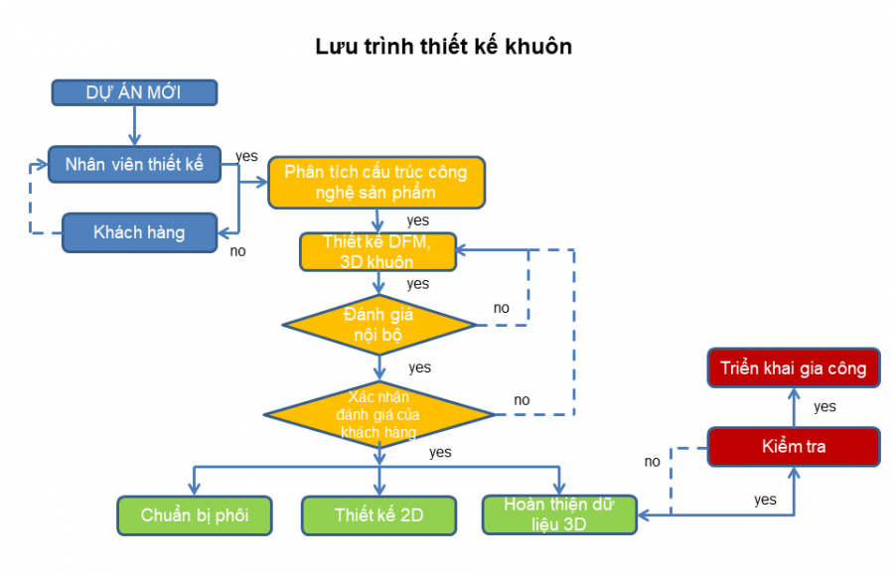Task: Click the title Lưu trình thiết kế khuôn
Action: (x=444, y=47)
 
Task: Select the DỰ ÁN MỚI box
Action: (x=134, y=92)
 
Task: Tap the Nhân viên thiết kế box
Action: (x=135, y=165)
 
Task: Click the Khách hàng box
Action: (x=139, y=232)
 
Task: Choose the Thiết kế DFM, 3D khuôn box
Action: (x=377, y=252)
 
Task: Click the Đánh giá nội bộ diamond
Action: (x=378, y=325)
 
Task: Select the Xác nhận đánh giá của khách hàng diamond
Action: (x=378, y=413)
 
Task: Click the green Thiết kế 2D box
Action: (x=378, y=514)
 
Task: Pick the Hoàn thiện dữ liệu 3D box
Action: (x=559, y=514)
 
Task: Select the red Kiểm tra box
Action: (x=794, y=447)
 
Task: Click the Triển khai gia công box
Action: (x=794, y=368)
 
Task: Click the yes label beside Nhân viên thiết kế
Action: (x=246, y=157)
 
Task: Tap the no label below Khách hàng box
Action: (x=237, y=251)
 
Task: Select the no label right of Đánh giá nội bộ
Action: (x=502, y=308)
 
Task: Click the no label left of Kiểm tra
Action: (x=652, y=461)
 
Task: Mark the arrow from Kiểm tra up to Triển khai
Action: (x=794, y=407)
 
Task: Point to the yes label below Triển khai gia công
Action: (x=824, y=406)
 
